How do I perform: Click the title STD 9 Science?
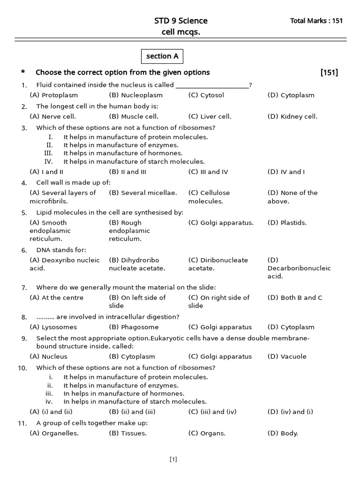pos(180,21)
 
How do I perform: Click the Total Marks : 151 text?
pos(316,21)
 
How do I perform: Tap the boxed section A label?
pos(162,56)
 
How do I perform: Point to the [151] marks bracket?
pos(329,72)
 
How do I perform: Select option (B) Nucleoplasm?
pos(133,95)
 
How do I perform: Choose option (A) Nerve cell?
pos(52,117)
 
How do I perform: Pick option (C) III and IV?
pos(208,172)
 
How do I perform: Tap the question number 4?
pos(24,183)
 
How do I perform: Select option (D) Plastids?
pos(287,223)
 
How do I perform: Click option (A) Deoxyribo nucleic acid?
pos(64,264)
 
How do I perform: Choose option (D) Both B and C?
pos(295,298)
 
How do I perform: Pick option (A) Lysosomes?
pos(53,327)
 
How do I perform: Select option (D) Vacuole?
pos(287,357)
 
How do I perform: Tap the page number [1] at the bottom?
pos(173,460)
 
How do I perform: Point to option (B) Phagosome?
pos(134,327)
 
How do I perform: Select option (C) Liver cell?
pos(210,117)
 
